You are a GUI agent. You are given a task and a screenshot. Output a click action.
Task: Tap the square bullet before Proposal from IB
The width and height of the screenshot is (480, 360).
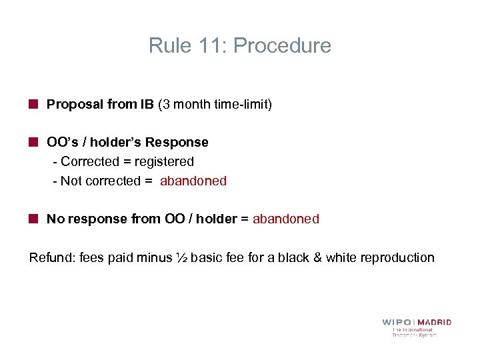33,105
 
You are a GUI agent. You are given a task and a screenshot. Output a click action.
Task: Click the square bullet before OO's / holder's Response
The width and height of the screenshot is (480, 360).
33,143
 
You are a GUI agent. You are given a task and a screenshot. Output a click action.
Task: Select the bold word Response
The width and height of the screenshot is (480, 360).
177,143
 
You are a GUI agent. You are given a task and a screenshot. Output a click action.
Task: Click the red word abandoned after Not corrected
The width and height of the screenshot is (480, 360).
193,181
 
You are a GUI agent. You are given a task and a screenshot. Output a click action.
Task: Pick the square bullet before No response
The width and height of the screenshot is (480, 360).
33,219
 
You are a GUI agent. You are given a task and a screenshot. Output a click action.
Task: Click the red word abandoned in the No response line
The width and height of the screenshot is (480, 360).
286,219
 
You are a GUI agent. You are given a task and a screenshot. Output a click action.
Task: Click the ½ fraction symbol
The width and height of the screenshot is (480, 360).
182,258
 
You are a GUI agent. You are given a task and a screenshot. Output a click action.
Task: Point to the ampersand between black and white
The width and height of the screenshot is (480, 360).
316,258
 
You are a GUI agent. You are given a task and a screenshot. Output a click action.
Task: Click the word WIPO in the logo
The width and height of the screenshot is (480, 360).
397,323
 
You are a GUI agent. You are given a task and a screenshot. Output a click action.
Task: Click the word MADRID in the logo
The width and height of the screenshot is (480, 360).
435,323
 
